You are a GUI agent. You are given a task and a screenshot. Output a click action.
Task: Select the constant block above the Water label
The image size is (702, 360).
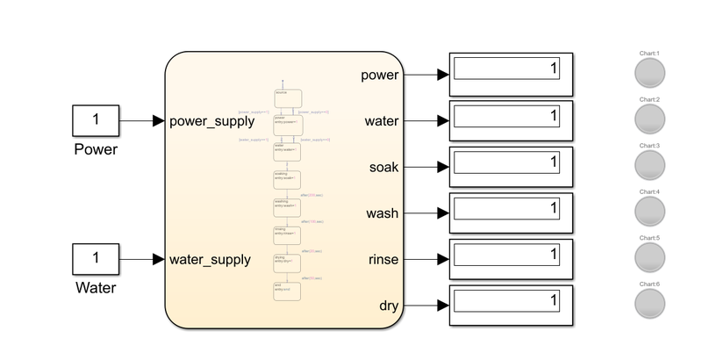click(x=95, y=259)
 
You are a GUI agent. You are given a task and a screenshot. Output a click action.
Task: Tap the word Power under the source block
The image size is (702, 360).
click(x=95, y=149)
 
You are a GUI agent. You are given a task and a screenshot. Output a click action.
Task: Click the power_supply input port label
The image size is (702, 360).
click(x=212, y=121)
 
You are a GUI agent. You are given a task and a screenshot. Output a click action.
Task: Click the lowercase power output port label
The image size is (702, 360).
click(x=379, y=75)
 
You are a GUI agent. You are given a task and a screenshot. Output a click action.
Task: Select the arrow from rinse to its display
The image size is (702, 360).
click(x=426, y=260)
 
